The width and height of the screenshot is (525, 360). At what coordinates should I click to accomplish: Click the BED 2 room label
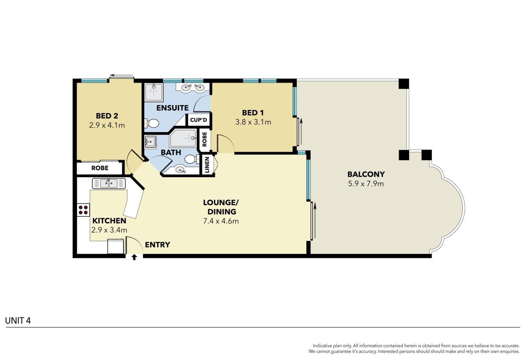tap(107, 116)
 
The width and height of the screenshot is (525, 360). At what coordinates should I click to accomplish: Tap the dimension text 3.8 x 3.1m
tap(253, 122)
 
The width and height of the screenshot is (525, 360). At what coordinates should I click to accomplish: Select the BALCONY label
tap(366, 174)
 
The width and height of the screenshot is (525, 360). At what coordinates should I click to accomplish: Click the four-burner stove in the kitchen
tap(83, 210)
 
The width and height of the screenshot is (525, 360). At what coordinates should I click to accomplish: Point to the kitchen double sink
tap(109, 183)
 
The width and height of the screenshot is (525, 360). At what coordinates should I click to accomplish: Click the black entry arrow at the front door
tap(134, 257)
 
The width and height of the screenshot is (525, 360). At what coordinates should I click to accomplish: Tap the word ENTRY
tap(157, 245)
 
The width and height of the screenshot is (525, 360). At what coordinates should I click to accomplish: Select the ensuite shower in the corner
tap(154, 92)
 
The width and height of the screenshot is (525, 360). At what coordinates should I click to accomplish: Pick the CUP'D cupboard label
tap(198, 120)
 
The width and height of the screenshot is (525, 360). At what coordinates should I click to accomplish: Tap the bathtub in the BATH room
tap(183, 138)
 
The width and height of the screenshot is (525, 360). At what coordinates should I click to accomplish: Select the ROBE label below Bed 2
tap(100, 168)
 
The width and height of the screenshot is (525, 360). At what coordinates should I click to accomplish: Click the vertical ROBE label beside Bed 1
tap(204, 139)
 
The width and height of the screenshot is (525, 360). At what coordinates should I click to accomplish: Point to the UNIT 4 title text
tap(18, 321)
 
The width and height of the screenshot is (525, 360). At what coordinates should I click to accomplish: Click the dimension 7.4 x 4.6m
tap(221, 221)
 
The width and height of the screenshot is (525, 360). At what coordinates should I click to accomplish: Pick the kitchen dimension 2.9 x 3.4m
tap(109, 230)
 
